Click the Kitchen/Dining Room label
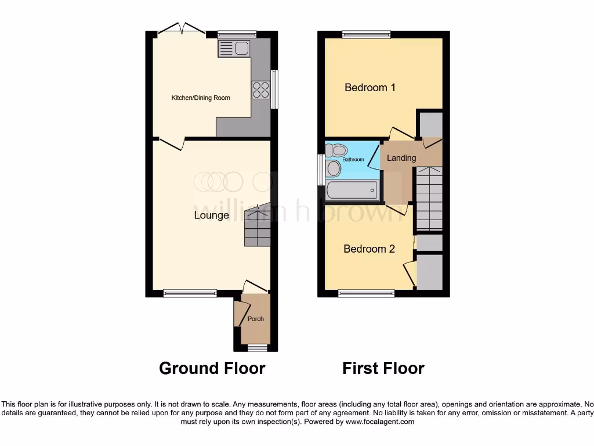tap(200, 98)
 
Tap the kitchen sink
tap(233, 48)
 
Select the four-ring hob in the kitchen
tap(260, 89)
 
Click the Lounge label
tap(211, 215)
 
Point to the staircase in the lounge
tap(257, 226)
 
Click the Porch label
tap(255, 319)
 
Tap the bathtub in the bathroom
tap(352, 190)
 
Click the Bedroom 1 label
tap(370, 88)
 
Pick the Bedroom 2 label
tap(369, 249)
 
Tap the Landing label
tap(401, 158)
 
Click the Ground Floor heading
tap(212, 368)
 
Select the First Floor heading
tap(383, 368)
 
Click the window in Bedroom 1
tap(366, 34)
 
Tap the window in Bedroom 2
tap(366, 294)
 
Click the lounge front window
tap(190, 294)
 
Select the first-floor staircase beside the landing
tap(429, 198)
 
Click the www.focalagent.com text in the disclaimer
tap(379, 422)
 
